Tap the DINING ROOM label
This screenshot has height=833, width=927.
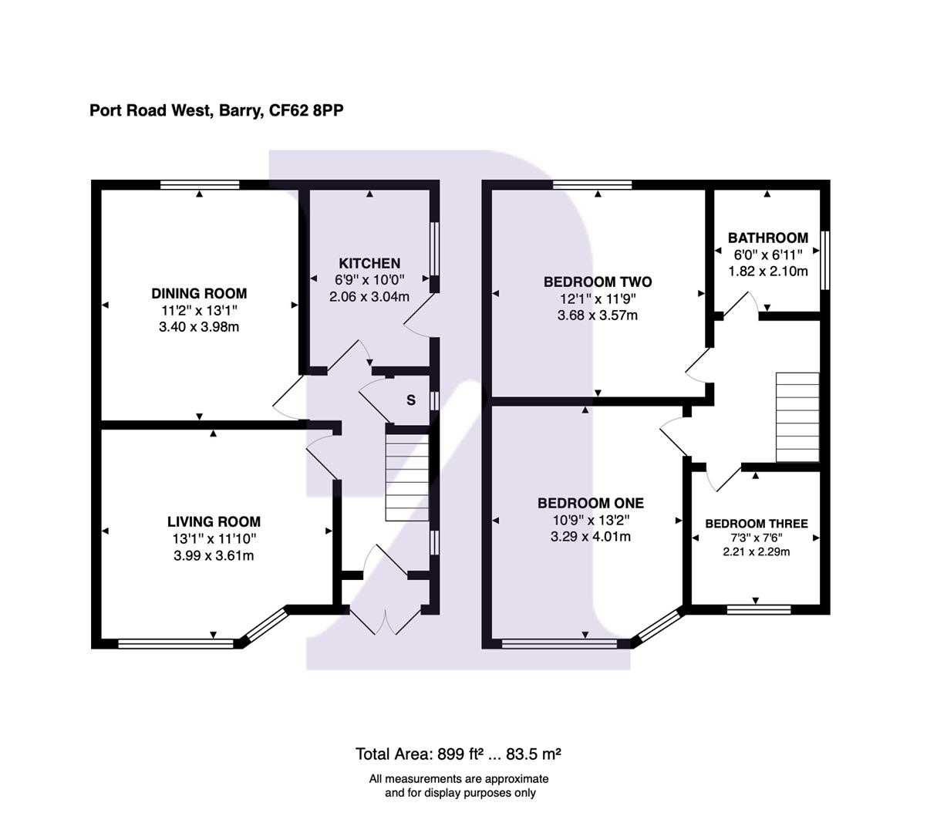(199, 293)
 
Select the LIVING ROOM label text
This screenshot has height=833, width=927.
(214, 522)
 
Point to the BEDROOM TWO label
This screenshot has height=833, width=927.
(598, 282)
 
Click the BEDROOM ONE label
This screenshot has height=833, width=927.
(591, 503)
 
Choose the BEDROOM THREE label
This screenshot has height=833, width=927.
(757, 524)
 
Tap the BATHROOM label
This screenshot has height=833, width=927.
(768, 238)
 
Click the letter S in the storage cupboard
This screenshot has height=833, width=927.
(411, 400)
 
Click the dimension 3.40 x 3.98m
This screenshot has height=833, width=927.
(199, 327)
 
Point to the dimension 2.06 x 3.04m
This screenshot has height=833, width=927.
(371, 296)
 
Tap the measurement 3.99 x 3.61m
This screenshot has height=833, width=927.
(214, 555)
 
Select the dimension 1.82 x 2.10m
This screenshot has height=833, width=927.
(768, 271)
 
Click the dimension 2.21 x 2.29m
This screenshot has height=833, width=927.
(756, 551)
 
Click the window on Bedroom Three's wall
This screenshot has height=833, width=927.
(759, 609)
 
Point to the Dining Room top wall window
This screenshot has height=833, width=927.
(200, 184)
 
